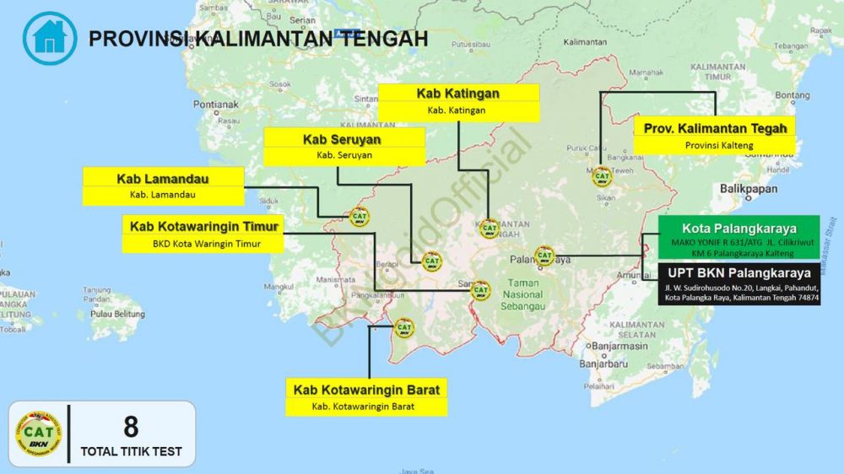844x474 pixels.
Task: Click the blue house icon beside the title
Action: point(49,38)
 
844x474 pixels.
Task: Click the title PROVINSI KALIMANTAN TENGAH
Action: point(258,39)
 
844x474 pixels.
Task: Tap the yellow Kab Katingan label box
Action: point(457,101)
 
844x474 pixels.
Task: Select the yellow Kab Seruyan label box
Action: point(344,147)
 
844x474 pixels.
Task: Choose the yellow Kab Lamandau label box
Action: point(164,186)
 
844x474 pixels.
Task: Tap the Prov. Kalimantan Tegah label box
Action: point(715,136)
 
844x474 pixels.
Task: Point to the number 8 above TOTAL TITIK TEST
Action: point(131,427)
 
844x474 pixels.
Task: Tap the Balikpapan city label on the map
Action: point(749,189)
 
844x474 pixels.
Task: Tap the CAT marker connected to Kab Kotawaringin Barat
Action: point(404,327)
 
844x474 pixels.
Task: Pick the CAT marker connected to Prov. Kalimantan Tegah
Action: point(602,176)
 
